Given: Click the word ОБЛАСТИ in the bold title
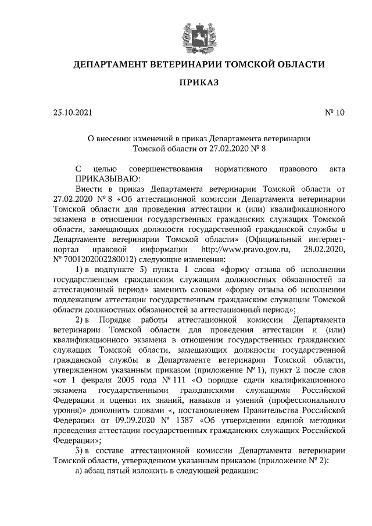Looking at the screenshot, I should click(298, 65).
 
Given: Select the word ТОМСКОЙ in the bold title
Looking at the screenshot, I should click(253, 65).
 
